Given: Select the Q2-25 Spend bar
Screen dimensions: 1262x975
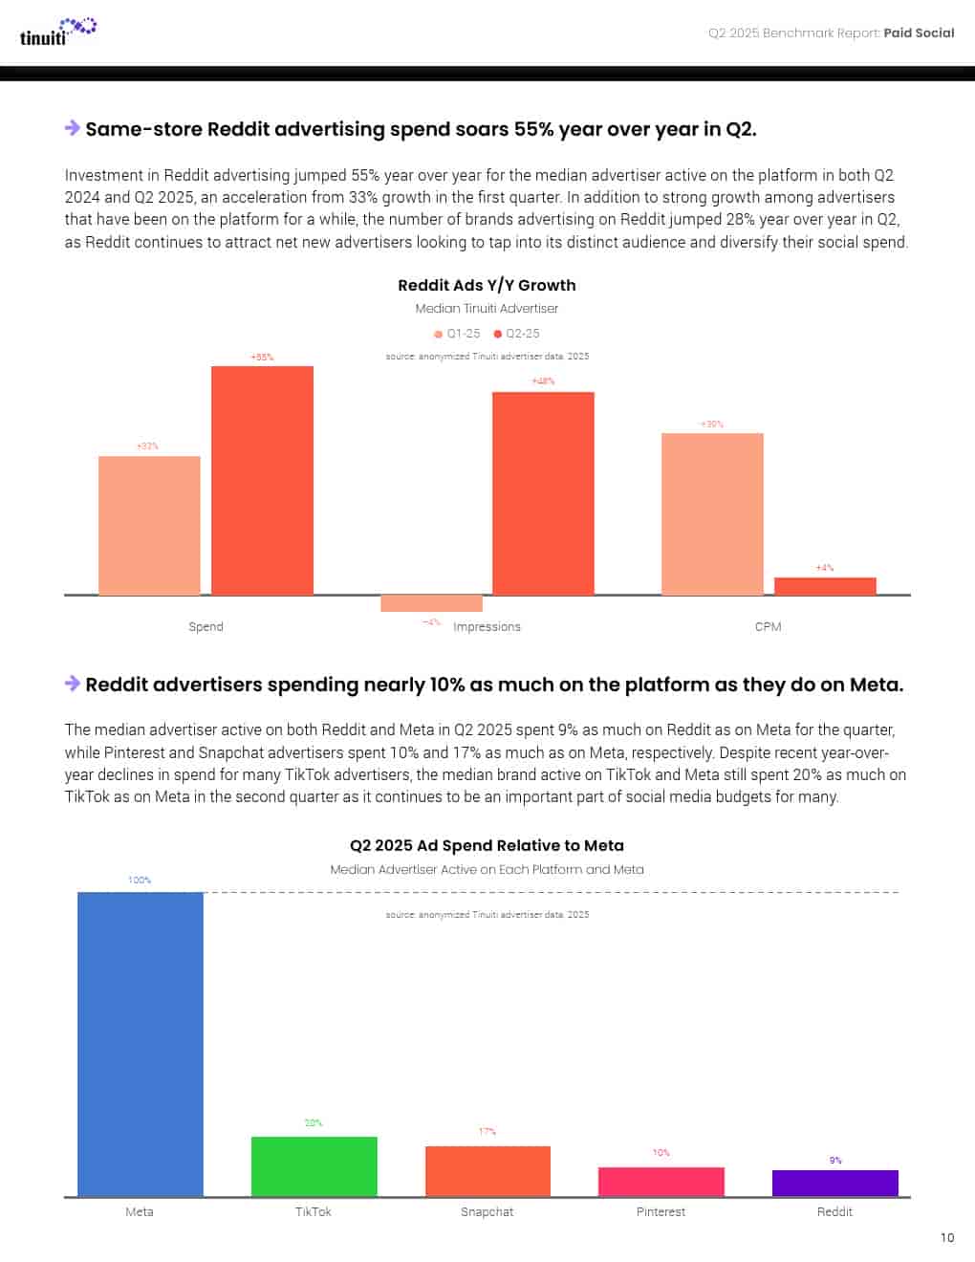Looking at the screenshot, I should pyautogui.click(x=262, y=480).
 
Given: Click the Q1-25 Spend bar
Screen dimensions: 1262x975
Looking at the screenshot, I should pyautogui.click(x=149, y=525).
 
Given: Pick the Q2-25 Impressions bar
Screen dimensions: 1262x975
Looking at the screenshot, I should pyautogui.click(x=543, y=492).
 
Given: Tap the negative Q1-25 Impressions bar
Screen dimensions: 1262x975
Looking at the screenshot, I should pyautogui.click(x=431, y=603).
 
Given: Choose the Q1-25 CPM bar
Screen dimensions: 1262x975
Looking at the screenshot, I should pyautogui.click(x=712, y=513).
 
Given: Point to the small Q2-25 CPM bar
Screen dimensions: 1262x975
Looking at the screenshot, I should pyautogui.click(x=825, y=586).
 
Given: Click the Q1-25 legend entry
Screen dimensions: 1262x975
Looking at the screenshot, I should pyautogui.click(x=458, y=334).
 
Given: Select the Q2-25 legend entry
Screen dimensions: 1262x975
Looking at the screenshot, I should pyautogui.click(x=517, y=334).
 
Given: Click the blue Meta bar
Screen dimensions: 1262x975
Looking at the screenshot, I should pyautogui.click(x=141, y=1043).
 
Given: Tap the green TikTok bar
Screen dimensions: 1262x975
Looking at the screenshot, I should pyautogui.click(x=314, y=1165).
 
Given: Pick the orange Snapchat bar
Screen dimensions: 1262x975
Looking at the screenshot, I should pyautogui.click(x=487, y=1170).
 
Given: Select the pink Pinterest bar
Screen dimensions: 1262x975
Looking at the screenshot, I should pyautogui.click(x=661, y=1182).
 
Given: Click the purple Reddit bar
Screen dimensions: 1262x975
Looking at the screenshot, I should pyautogui.click(x=835, y=1183).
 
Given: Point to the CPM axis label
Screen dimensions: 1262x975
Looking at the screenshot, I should pyautogui.click(x=768, y=627).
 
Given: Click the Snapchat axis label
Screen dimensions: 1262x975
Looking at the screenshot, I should pyautogui.click(x=487, y=1212).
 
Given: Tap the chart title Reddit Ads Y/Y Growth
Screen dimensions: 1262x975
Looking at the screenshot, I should pyautogui.click(x=487, y=285).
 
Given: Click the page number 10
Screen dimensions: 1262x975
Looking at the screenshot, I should pyautogui.click(x=947, y=1237).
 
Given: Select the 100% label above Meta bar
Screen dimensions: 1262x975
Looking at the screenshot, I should pyautogui.click(x=140, y=880).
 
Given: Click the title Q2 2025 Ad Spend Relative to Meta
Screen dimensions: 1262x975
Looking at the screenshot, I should pyautogui.click(x=487, y=845).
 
